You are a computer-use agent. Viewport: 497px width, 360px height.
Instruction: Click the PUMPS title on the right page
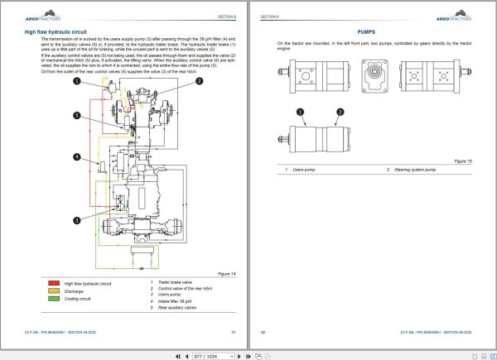click(x=368, y=30)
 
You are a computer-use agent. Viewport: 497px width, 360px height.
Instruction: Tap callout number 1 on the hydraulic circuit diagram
click(x=76, y=81)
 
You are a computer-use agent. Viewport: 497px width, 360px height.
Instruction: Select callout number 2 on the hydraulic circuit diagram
click(x=199, y=81)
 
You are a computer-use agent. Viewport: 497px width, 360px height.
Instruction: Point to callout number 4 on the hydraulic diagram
click(x=76, y=157)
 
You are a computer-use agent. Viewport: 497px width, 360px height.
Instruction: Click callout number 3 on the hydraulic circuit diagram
click(x=76, y=220)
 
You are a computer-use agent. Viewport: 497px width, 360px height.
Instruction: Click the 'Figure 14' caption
click(x=226, y=272)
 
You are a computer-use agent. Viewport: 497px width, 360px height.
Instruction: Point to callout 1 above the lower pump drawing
click(x=295, y=112)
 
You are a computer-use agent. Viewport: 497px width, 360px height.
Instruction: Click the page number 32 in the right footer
click(x=263, y=332)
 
